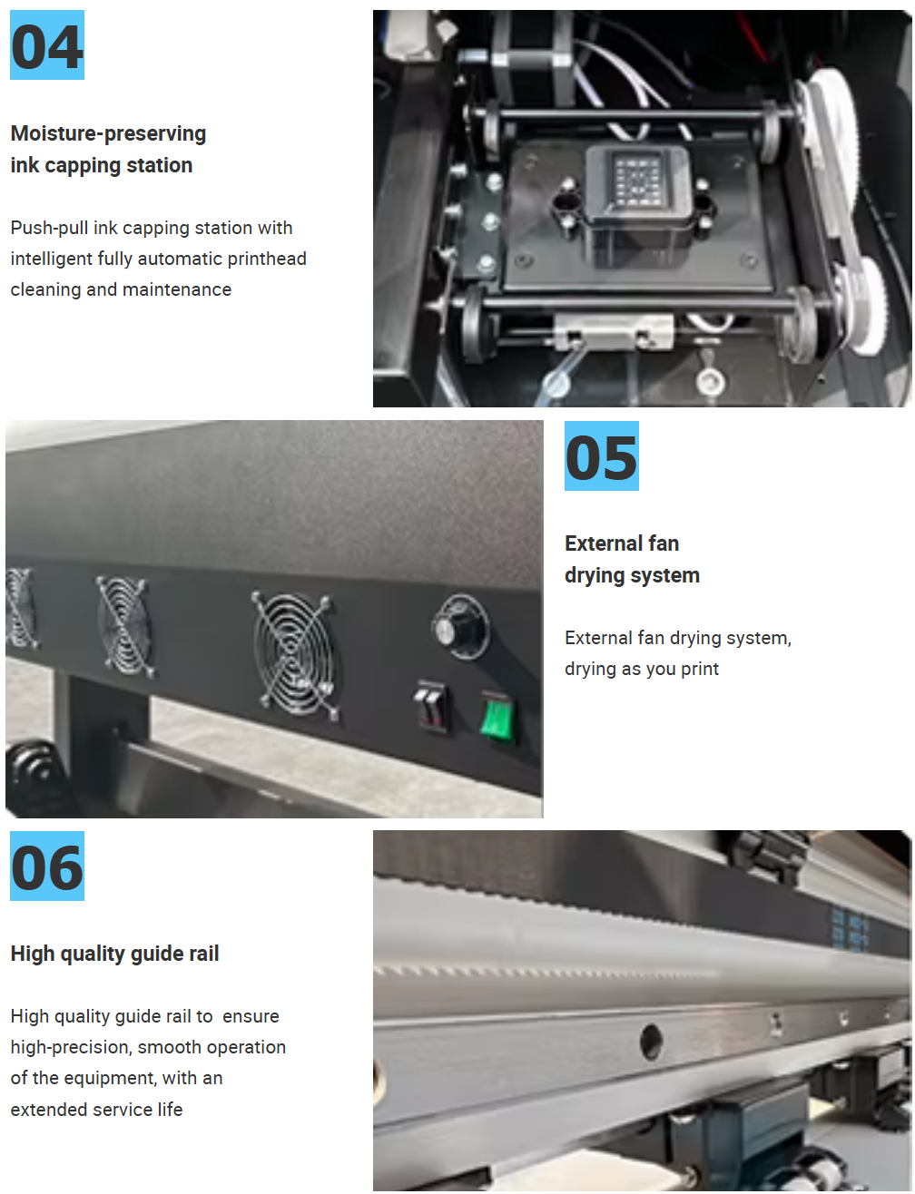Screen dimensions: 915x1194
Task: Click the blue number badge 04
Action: pos(47,45)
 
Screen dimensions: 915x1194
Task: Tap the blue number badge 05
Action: pos(601,455)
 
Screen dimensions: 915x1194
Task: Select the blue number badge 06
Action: pos(47,866)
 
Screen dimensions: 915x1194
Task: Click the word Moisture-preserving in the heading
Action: pos(108,133)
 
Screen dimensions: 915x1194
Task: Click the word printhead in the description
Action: pos(267,259)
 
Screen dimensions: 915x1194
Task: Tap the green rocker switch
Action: pos(497,717)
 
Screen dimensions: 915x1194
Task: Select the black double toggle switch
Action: pos(431,708)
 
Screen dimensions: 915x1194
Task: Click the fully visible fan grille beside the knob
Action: pos(294,654)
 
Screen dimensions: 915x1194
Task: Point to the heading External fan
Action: pos(622,543)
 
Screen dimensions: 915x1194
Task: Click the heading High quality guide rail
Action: pos(114,954)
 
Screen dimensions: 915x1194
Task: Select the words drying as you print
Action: pos(642,669)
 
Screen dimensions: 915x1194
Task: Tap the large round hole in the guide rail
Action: pos(651,1042)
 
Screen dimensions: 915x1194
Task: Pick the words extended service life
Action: pos(96,1110)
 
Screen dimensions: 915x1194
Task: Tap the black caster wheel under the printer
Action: pos(35,778)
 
